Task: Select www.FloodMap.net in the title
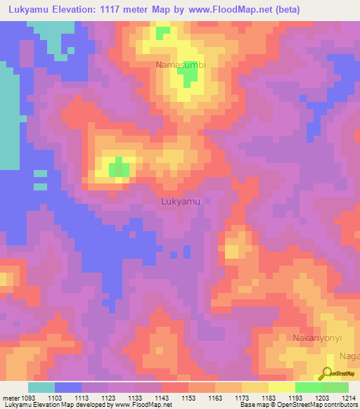[x=239, y=10]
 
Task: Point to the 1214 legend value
[x=349, y=398]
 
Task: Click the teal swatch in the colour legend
[x=41, y=387]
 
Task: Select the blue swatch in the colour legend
[x=68, y=387]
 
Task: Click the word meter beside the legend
[x=10, y=398]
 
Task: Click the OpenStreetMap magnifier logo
[x=327, y=373]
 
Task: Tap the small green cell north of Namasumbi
[x=162, y=32]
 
